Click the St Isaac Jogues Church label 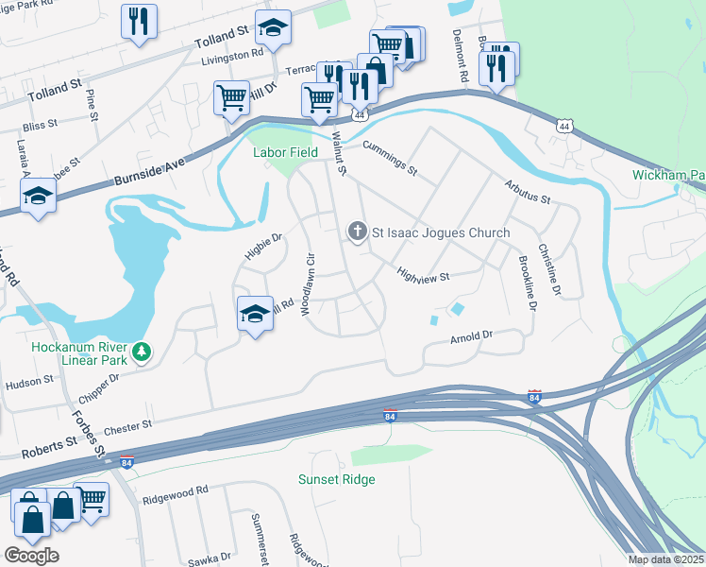[441, 232]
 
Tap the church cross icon [358, 232]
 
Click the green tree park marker [143, 352]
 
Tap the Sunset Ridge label [337, 479]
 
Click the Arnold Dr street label [472, 336]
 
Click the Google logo [31, 555]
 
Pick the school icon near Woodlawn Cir [255, 314]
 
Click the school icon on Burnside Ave [39, 197]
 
